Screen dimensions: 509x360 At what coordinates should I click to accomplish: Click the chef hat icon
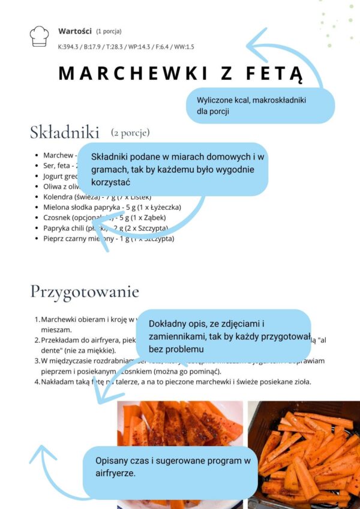coord(39,37)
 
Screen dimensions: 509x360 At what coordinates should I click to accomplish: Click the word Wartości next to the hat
coord(74,31)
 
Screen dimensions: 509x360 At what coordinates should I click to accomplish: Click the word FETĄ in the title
coord(274,74)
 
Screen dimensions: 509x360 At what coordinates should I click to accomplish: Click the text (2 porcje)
coord(130,132)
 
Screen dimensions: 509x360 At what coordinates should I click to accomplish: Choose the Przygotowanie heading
coord(85,292)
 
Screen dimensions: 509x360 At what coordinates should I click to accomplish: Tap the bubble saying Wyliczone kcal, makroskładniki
coord(261,105)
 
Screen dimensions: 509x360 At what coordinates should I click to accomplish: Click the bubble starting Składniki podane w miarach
coord(172,168)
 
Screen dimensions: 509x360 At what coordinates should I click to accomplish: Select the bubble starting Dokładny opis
coord(231,336)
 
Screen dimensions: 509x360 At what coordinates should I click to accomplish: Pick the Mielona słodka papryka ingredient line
coord(112,207)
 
